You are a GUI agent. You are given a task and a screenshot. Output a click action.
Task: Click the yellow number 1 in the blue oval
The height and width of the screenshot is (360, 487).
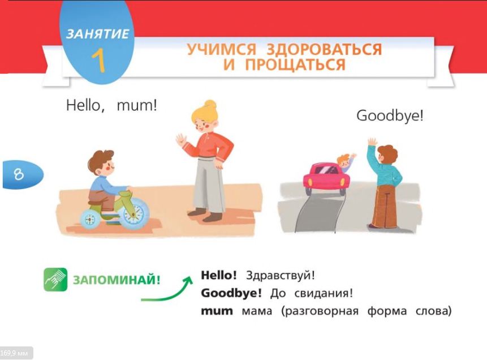click(99, 61)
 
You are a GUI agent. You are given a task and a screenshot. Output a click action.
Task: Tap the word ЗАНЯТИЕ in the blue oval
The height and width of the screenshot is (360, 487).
click(97, 34)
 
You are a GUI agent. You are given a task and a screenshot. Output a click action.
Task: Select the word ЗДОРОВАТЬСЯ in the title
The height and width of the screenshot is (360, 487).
click(324, 49)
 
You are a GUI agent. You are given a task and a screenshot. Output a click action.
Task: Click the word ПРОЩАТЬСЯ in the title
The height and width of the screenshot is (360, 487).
click(295, 65)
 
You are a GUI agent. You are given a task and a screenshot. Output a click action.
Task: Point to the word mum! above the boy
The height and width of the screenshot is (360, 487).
click(137, 105)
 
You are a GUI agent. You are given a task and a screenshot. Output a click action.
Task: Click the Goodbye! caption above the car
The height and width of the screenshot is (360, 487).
click(390, 116)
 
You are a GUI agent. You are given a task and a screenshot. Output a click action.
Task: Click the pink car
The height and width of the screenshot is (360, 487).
click(326, 178)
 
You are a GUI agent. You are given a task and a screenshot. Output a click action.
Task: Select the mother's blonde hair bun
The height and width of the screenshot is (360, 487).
click(210, 105)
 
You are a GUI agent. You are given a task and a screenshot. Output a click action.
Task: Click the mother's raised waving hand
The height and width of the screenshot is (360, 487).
click(181, 140)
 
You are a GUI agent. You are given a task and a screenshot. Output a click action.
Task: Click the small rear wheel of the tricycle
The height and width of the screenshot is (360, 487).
click(90, 220)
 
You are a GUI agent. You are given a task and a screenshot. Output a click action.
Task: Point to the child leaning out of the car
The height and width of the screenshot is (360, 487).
click(346, 162)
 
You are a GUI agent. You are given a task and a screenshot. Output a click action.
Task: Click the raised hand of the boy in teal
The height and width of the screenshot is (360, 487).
click(372, 142)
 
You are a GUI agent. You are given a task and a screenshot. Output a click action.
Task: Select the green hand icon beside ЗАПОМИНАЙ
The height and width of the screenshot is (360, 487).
click(55, 280)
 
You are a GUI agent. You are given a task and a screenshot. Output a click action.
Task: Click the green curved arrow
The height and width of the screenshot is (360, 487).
click(168, 292)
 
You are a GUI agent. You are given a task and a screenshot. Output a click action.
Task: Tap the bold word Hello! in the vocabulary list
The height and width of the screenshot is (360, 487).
click(219, 275)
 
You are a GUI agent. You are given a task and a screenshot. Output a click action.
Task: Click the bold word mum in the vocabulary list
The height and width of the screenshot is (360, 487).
click(217, 311)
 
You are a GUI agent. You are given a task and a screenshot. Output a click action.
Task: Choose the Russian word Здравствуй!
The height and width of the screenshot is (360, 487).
click(280, 276)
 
